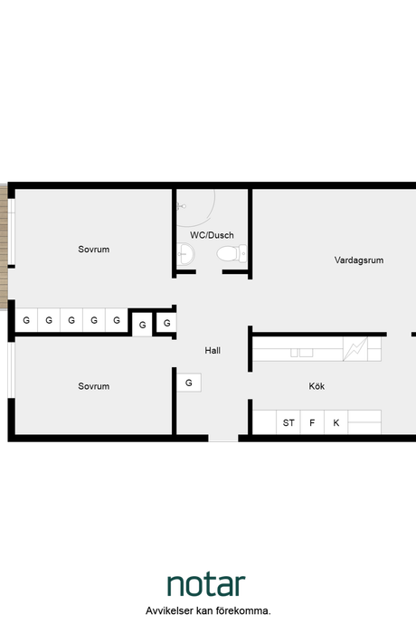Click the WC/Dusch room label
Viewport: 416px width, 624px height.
[x=212, y=235]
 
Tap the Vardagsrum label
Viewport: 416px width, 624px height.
[x=359, y=260]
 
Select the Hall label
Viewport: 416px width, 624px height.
[x=213, y=351]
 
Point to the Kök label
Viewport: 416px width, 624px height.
[x=317, y=386]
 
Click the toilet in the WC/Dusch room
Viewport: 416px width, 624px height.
[x=232, y=253]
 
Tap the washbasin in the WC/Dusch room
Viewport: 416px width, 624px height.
[x=185, y=254]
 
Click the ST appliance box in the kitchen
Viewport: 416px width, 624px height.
[x=288, y=422]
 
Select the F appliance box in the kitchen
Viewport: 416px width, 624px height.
[x=312, y=422]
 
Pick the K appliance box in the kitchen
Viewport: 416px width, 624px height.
[x=336, y=422]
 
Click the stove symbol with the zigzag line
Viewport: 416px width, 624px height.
[x=355, y=349]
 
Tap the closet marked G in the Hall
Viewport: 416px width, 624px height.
[x=189, y=383]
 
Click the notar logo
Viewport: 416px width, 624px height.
[x=206, y=584]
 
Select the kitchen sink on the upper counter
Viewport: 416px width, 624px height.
[x=302, y=353]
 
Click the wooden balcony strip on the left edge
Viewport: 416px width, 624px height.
[x=4, y=247]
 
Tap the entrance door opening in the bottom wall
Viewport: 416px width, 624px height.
[x=223, y=438]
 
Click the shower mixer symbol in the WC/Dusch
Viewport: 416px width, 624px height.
[x=182, y=206]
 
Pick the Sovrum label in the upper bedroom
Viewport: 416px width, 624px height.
[x=93, y=250]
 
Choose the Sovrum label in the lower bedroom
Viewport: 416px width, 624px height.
[x=93, y=386]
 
